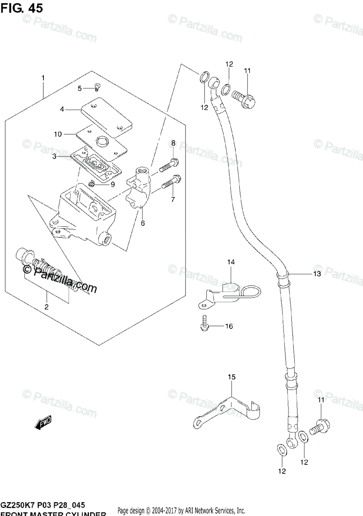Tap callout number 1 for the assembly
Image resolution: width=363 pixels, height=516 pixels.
click(x=43, y=78)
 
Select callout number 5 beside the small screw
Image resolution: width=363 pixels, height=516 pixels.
click(x=79, y=88)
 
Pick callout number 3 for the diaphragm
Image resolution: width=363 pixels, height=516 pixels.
click(x=55, y=157)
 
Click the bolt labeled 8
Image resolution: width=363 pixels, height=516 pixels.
click(x=169, y=165)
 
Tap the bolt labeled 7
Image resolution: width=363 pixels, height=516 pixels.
click(x=171, y=184)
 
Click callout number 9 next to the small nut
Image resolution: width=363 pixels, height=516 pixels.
click(x=101, y=184)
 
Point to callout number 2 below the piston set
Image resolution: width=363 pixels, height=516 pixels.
click(x=46, y=307)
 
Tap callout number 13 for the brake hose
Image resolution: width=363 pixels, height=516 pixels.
click(x=317, y=274)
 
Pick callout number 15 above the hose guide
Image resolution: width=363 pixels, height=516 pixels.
click(x=232, y=377)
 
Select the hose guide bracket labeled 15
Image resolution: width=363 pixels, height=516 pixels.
click(x=228, y=411)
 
